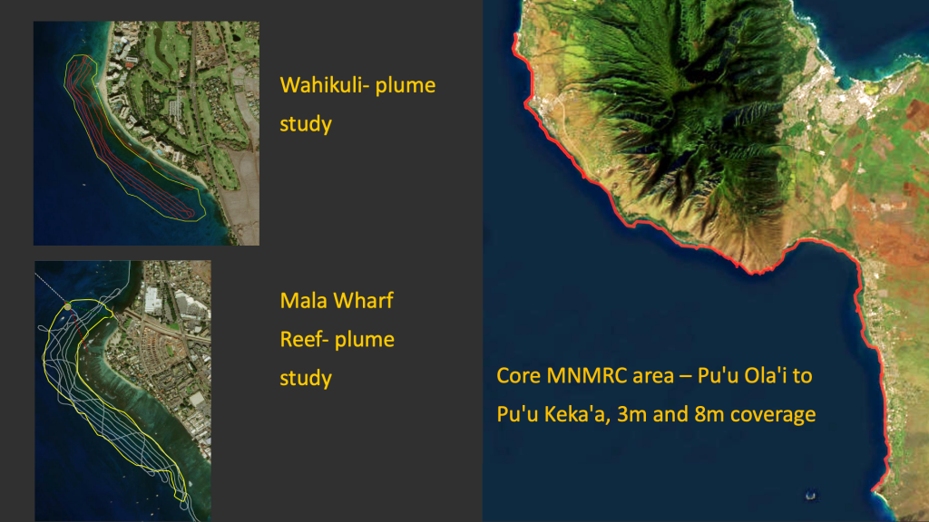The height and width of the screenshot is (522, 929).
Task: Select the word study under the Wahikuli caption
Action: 306,124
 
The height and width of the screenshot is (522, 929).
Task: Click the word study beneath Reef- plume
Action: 306,378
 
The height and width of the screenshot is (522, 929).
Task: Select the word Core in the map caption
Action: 518,376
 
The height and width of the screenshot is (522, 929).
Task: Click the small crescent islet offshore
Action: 811,496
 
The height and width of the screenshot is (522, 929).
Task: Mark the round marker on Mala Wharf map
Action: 67,306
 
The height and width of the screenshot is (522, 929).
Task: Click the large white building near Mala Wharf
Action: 152,300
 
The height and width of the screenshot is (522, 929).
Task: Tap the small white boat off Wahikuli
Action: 83,185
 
